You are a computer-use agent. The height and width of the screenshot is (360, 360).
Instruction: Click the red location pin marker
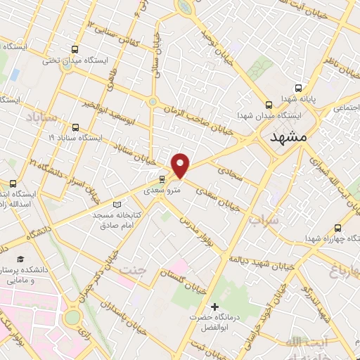point(181,166)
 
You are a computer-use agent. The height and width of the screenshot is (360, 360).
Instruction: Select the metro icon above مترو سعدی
point(162,179)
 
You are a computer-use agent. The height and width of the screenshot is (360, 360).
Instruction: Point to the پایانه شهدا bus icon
point(298,89)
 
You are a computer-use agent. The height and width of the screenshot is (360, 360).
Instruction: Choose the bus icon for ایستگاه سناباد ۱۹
point(75,127)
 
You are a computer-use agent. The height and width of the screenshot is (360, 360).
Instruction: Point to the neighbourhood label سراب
point(264,220)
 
